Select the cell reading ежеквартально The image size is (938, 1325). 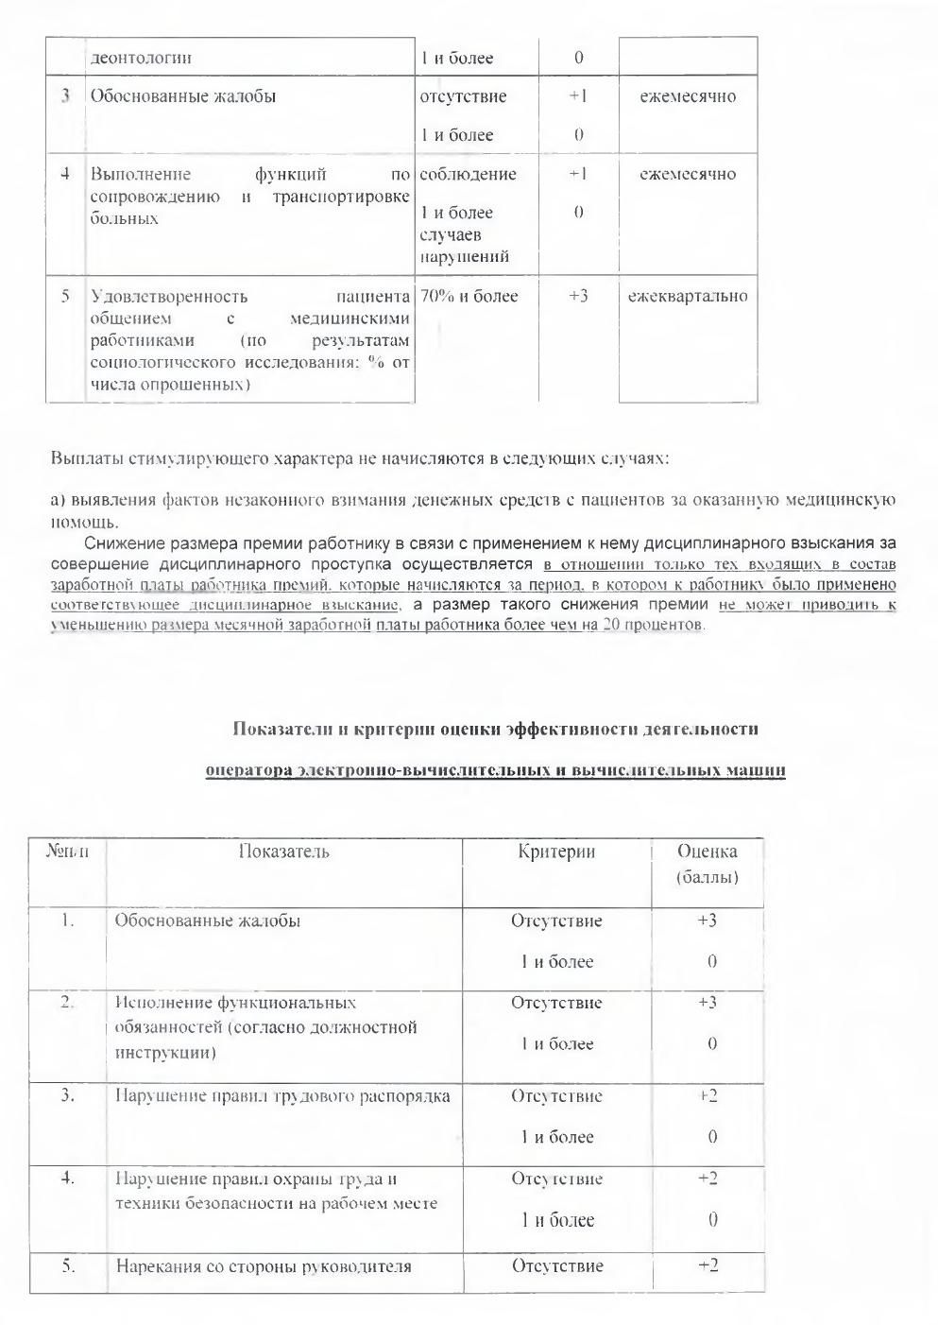tap(688, 297)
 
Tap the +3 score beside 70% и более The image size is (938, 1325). tap(578, 297)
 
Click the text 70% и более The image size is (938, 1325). tap(469, 297)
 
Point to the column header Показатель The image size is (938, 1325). tap(283, 852)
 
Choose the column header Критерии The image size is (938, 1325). tap(556, 852)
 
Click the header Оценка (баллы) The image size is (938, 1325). tap(708, 864)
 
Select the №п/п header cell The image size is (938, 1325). tap(67, 852)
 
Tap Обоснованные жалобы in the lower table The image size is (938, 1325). tap(208, 921)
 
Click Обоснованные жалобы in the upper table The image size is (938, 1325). tap(182, 96)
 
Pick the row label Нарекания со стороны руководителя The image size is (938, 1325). tap(264, 1266)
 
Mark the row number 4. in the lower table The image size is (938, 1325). tap(67, 1179)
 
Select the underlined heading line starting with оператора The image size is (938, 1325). tap(495, 770)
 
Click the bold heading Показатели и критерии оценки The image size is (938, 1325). tap(495, 729)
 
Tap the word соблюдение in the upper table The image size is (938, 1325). tap(468, 174)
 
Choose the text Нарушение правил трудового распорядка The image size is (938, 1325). tap(282, 1096)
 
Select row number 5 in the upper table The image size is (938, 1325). tap(66, 297)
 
